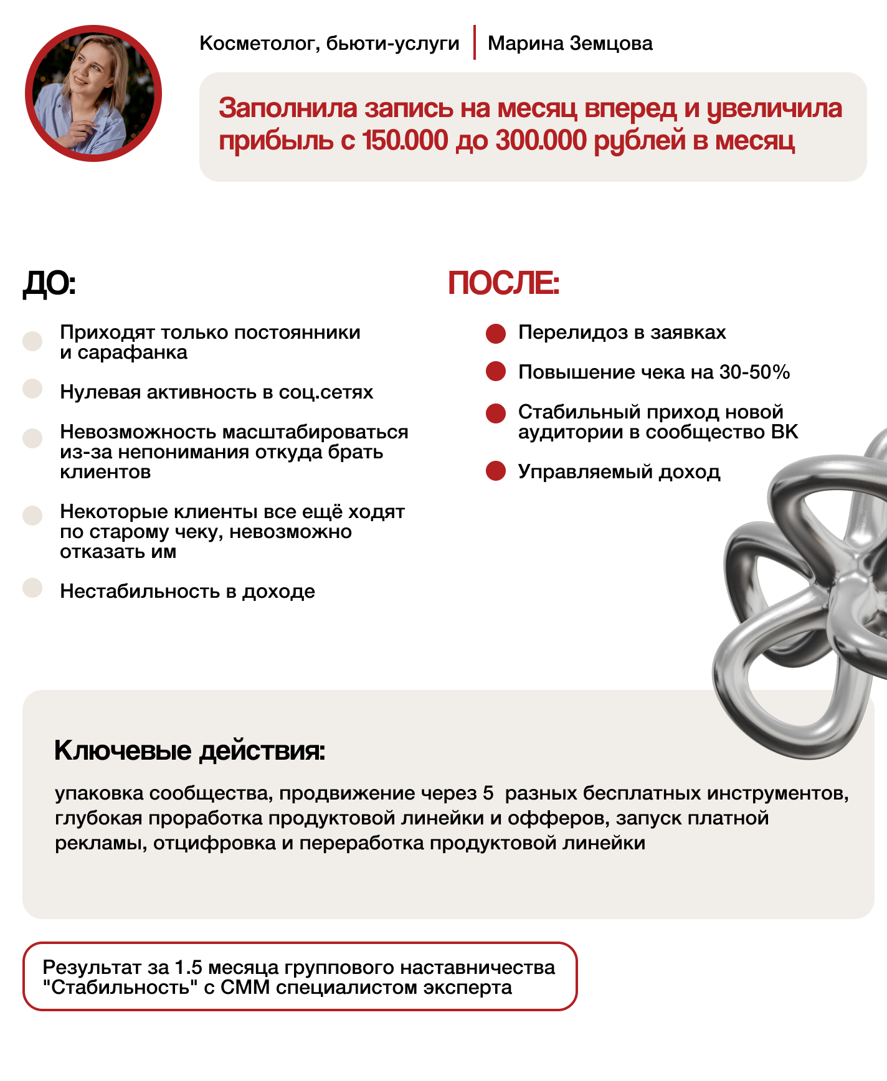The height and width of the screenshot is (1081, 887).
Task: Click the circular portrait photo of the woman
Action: tap(93, 93)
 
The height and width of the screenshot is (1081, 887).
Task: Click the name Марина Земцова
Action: tap(570, 44)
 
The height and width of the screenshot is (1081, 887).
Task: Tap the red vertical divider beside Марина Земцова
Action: tap(474, 42)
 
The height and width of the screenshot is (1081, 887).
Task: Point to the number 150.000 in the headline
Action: tap(405, 141)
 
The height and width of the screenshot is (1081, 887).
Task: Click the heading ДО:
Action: tap(49, 284)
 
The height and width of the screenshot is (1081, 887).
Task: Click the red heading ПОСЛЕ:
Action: tap(503, 283)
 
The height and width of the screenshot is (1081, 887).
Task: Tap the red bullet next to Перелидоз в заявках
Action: tap(496, 333)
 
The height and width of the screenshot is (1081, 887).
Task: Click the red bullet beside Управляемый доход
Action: tap(496, 471)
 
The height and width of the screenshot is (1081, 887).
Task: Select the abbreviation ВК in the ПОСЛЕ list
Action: tap(784, 432)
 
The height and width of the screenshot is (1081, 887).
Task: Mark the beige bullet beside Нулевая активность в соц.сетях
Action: tap(32, 389)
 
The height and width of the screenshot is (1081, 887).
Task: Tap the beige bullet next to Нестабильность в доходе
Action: tap(32, 588)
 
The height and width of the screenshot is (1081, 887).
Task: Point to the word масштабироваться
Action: tap(315, 432)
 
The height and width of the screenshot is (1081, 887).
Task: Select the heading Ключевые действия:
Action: tap(189, 750)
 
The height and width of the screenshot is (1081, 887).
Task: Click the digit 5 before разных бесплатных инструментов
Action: tap(488, 793)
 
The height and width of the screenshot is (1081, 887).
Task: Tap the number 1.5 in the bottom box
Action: tap(188, 967)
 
